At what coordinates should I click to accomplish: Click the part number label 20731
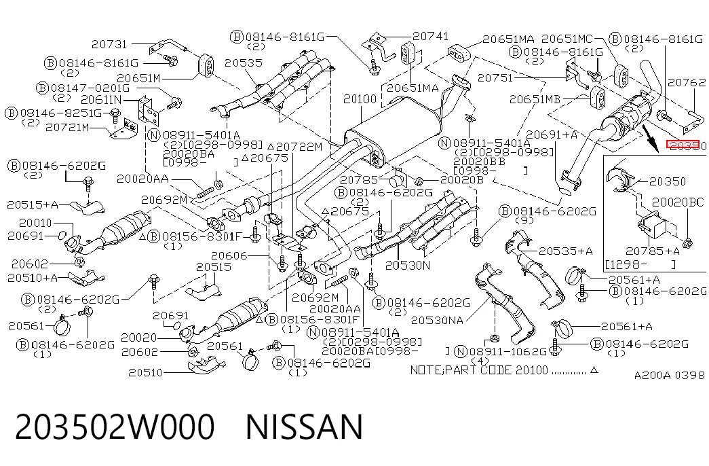pos(109,44)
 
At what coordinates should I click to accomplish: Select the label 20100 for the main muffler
pos(360,99)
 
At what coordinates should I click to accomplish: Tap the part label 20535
pos(244,62)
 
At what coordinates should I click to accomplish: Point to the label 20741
pos(430,36)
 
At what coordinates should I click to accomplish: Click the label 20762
pos(687,82)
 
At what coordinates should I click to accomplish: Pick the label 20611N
pos(101,99)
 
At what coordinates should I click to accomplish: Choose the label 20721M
pos(67,127)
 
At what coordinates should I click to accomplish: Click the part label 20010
pos(36,223)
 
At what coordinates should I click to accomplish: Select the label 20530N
pos(408,266)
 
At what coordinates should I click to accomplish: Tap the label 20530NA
pos(437,321)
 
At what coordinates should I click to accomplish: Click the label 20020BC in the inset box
pos(678,202)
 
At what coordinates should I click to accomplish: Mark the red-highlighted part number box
pos(683,145)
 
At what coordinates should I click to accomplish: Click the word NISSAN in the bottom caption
pos(305,427)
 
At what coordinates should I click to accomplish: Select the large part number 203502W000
pos(115,427)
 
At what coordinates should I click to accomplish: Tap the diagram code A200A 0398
pos(669,376)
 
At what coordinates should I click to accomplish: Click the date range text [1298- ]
pos(640,264)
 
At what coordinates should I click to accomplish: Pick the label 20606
pos(229,256)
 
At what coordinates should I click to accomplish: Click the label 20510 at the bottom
pos(145,373)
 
